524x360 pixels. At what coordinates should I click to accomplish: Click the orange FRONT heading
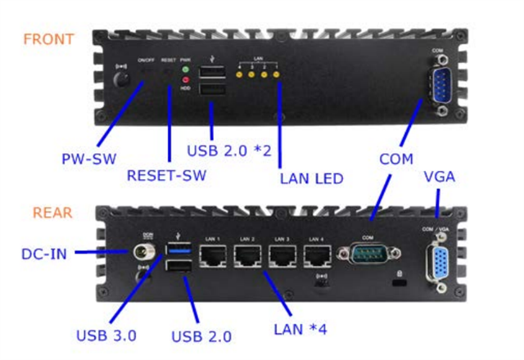tap(48, 39)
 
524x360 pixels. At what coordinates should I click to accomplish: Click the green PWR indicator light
tap(186, 70)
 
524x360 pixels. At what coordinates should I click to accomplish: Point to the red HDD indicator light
tap(186, 80)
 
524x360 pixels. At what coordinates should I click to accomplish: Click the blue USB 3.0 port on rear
tap(177, 250)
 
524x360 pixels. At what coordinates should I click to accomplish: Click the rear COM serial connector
tap(371, 254)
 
